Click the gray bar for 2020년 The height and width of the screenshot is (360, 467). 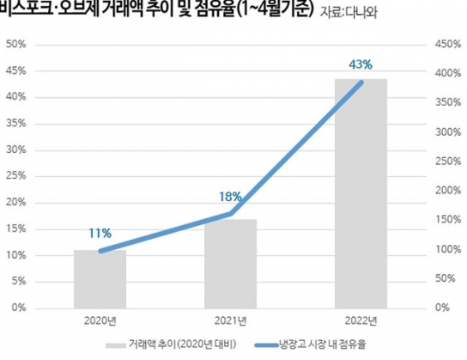pyautogui.click(x=100, y=278)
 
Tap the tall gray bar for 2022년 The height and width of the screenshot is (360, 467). pyautogui.click(x=361, y=192)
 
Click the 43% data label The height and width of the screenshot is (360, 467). pyautogui.click(x=361, y=63)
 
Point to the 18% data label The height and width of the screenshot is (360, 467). pyautogui.click(x=230, y=197)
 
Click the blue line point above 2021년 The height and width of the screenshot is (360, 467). pyautogui.click(x=231, y=213)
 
